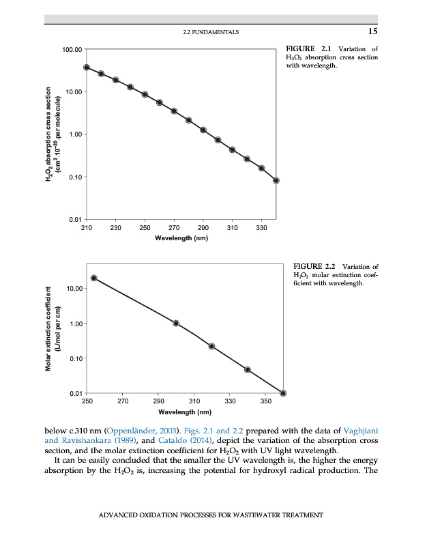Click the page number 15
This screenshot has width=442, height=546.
pos(372,31)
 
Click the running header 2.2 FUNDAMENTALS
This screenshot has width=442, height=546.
pos(211,32)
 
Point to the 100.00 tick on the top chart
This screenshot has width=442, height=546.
pos(72,50)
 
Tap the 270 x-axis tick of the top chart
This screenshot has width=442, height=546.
pos(174,227)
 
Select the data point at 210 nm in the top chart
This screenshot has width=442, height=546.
pos(87,68)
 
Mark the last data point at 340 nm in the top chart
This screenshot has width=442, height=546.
pos(276,180)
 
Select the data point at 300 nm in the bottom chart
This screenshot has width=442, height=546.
pos(176,324)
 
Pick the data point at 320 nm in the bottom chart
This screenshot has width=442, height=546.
pos(211,346)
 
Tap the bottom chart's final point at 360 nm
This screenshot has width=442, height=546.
pos(283,393)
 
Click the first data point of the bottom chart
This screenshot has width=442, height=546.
pos(93,278)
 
